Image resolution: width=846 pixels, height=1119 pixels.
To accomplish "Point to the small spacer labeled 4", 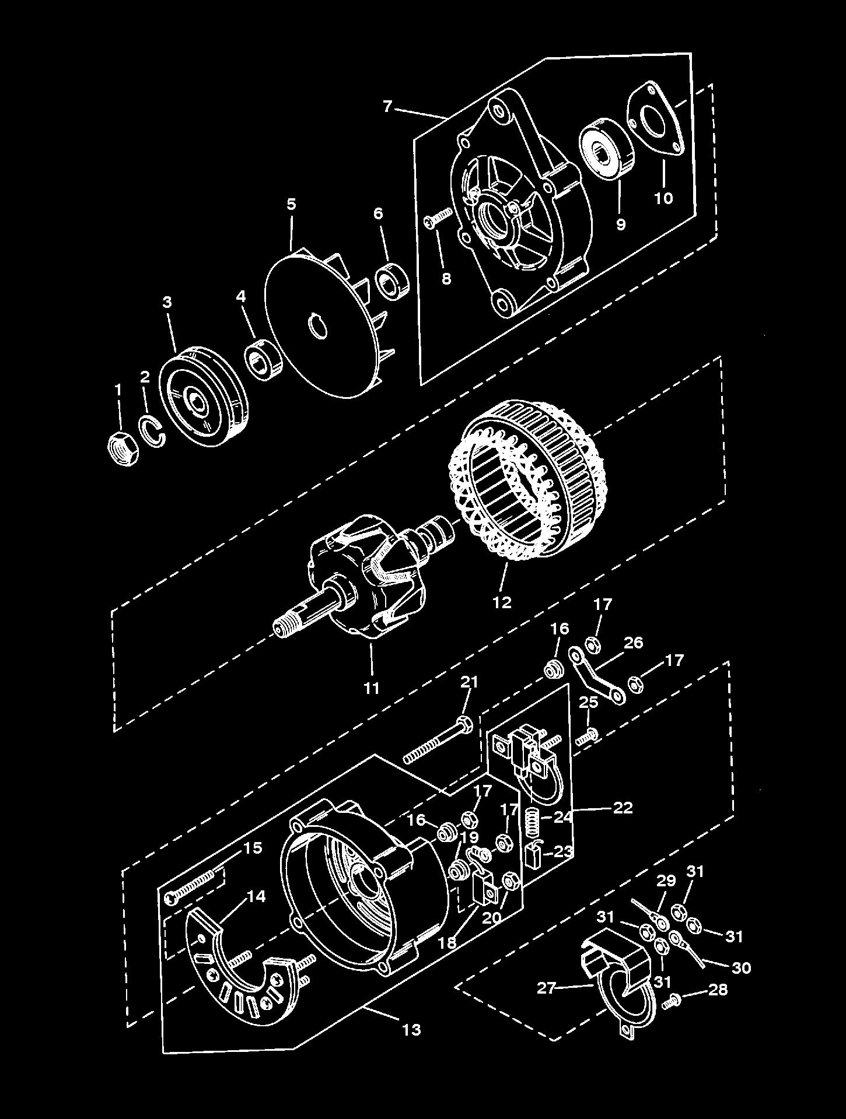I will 262,360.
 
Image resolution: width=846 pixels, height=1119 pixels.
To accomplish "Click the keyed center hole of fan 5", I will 319,325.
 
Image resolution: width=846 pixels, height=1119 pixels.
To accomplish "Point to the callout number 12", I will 502,602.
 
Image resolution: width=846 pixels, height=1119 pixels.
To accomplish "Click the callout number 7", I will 387,107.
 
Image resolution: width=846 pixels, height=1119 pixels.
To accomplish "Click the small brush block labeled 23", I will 533,856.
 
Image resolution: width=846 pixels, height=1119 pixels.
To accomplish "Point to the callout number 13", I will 411,1029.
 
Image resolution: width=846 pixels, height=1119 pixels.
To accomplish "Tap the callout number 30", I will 741,967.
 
